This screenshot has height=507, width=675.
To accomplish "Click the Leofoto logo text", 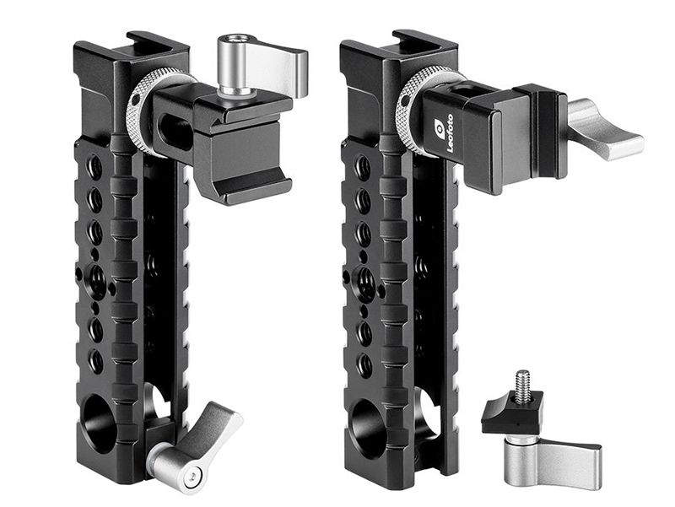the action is pyautogui.click(x=450, y=133).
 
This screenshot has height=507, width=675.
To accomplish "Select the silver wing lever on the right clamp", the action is pyautogui.click(x=606, y=129).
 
